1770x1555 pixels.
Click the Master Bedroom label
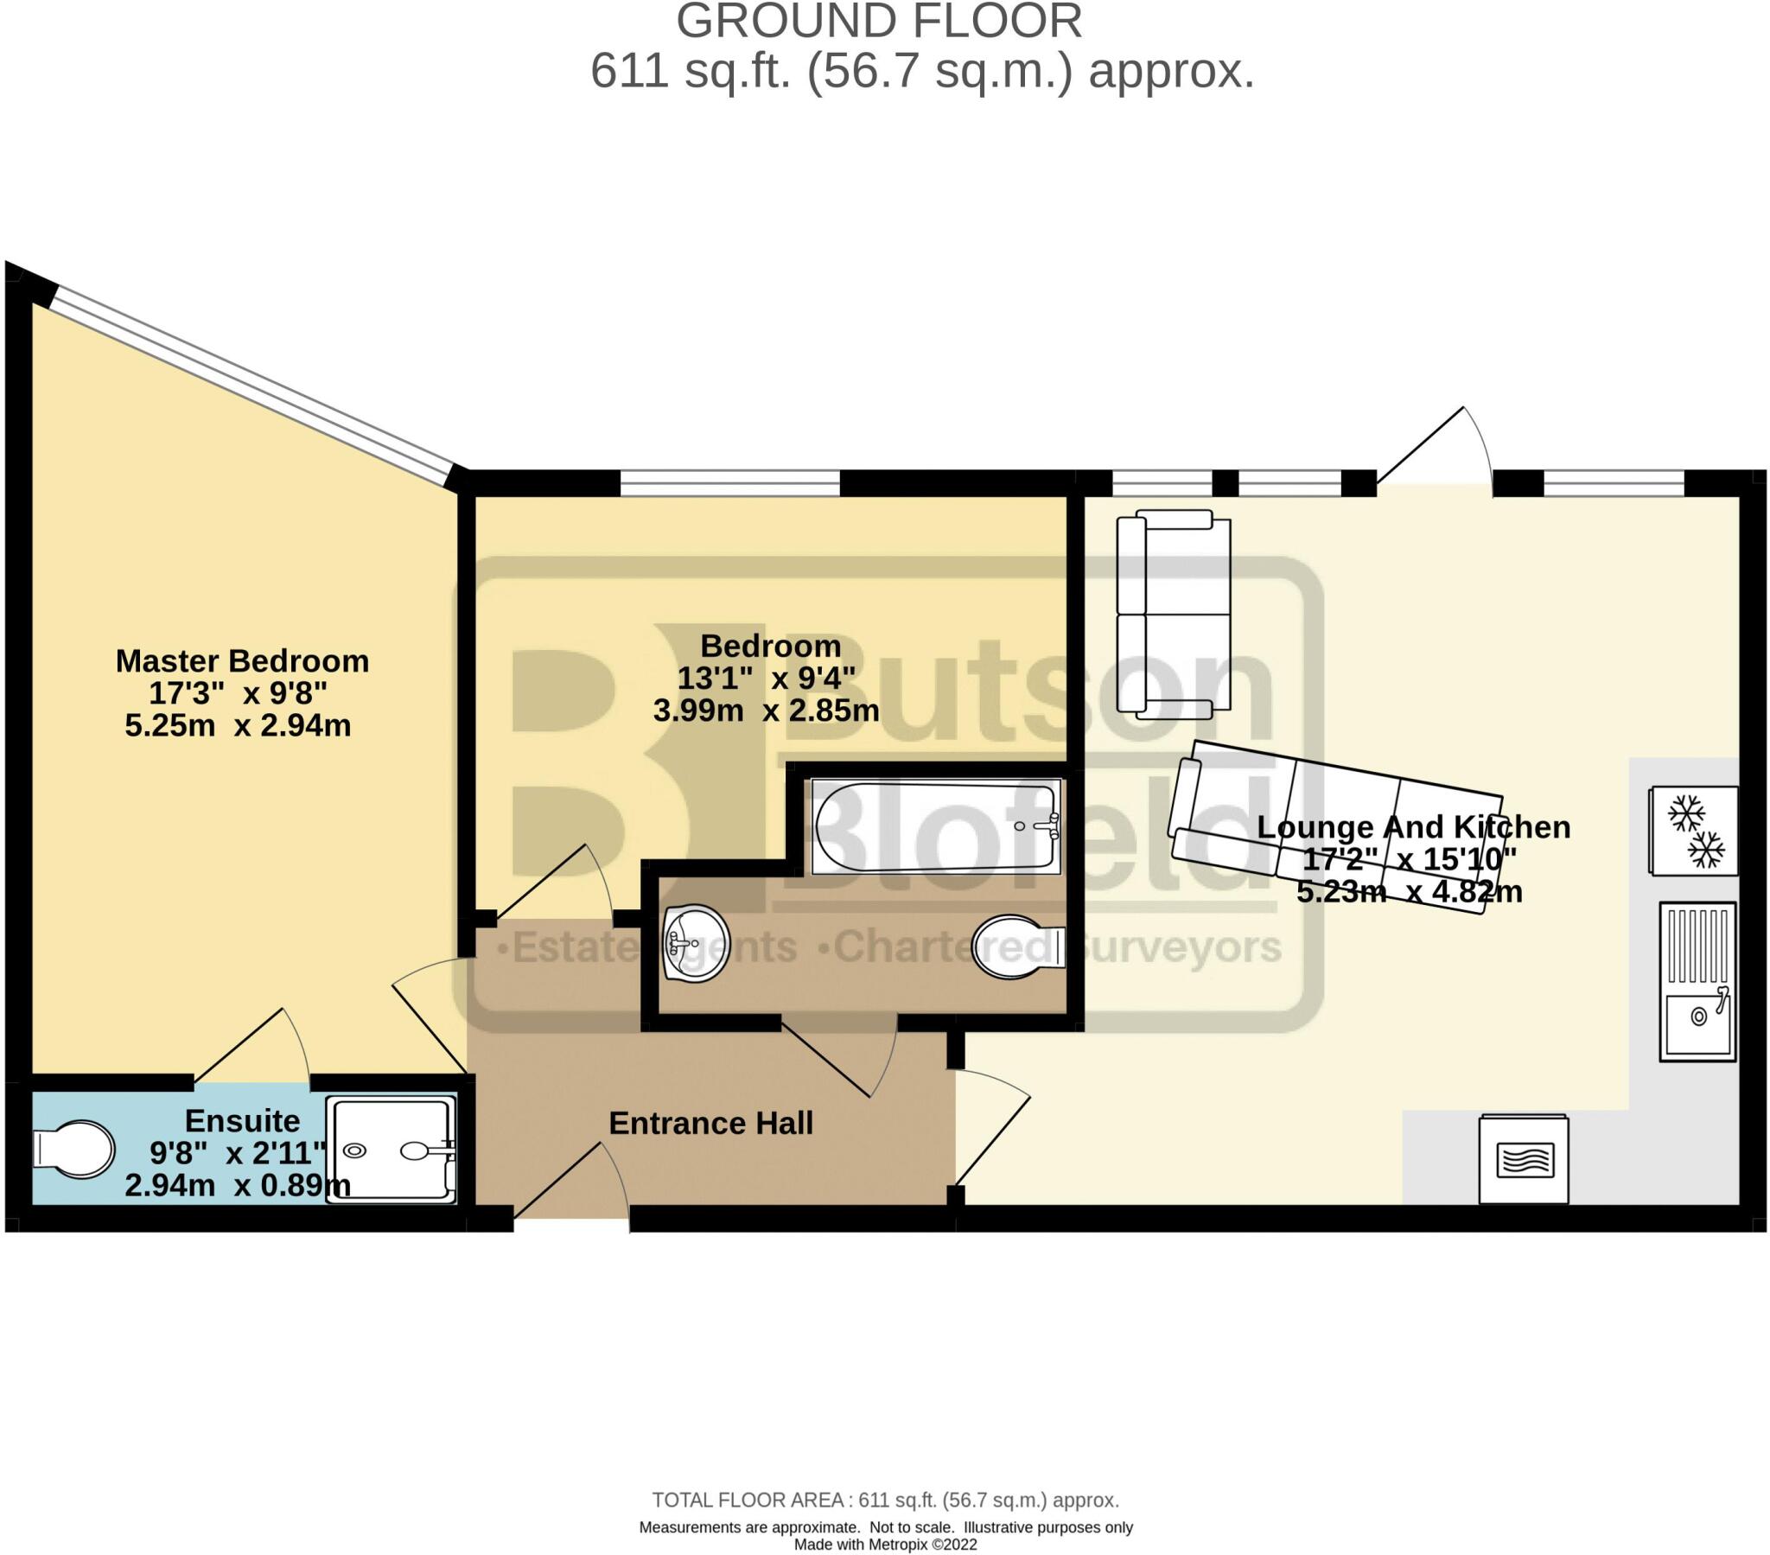243,661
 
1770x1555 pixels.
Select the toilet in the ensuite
74,1150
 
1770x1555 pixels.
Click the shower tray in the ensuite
392,1150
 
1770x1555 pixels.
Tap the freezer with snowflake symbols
1693,831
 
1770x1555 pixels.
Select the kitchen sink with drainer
1697,982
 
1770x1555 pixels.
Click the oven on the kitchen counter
1523,1159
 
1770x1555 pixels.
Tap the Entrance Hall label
711,1124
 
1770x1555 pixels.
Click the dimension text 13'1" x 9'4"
766,679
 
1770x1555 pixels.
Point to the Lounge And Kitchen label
1413,827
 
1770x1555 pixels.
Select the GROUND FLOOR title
879,21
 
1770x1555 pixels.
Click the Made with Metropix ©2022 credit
885,1545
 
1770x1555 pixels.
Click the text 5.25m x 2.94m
239,725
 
